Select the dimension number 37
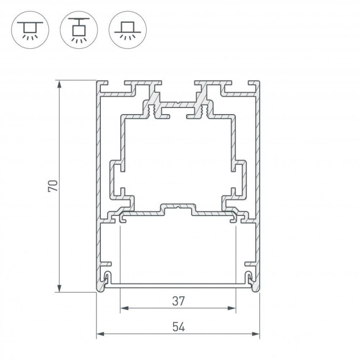(x=178, y=301)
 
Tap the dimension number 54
(x=178, y=327)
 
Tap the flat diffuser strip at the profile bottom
(x=178, y=286)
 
